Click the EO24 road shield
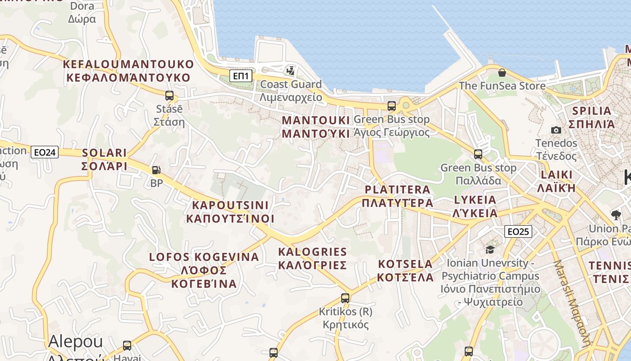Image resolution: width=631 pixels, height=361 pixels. [x=45, y=153]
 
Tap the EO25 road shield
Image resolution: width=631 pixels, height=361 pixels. [x=518, y=231]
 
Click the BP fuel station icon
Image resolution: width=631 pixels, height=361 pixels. [x=156, y=170]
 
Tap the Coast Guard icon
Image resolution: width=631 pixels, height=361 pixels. [x=291, y=70]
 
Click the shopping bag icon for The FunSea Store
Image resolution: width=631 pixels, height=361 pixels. [x=502, y=72]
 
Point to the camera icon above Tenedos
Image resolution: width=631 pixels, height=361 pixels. [x=556, y=130]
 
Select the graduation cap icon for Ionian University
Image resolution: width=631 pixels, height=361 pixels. [x=490, y=250]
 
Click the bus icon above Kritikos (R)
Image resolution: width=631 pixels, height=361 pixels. [x=345, y=298]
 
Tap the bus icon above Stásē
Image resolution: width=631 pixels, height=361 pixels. [x=169, y=96]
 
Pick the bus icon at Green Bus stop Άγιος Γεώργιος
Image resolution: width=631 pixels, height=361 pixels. [x=392, y=106]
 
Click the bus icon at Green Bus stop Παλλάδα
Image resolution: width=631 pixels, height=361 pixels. [x=478, y=154]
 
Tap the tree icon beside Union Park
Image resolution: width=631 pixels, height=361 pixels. [x=616, y=215]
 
